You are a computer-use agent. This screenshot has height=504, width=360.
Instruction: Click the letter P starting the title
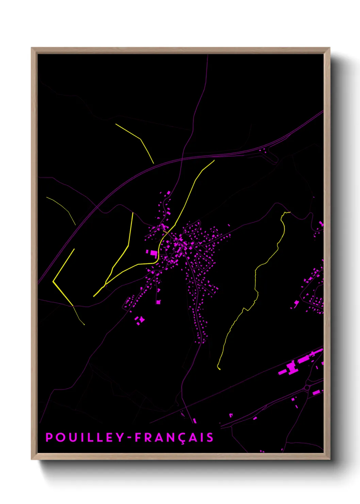(49, 437)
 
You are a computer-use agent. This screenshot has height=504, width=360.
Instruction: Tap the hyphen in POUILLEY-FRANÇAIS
(130, 438)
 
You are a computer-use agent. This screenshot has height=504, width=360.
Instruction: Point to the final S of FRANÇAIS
(210, 438)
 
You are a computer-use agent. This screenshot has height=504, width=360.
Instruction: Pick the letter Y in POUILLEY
(120, 437)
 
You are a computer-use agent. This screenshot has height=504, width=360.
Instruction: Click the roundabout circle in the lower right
(307, 388)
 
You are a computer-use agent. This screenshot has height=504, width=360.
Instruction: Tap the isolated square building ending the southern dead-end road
(158, 302)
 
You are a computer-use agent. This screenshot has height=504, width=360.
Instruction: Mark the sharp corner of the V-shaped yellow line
(53, 282)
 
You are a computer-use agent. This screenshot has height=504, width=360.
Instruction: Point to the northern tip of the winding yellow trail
(289, 212)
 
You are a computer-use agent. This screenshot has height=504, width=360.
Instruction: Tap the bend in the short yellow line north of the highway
(140, 139)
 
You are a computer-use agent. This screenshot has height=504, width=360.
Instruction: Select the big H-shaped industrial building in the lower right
(291, 367)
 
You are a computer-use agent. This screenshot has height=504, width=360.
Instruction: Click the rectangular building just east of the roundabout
(316, 392)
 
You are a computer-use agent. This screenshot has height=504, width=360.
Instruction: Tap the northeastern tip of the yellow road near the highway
(214, 160)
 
